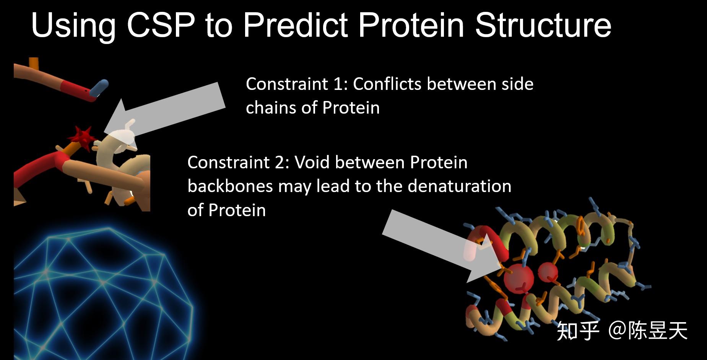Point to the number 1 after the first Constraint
tap(338, 84)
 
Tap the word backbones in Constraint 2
tap(230, 186)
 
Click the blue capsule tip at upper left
tap(99, 88)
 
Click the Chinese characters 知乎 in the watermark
tap(578, 331)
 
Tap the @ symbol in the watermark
tap(617, 330)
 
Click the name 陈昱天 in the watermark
tap(658, 331)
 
